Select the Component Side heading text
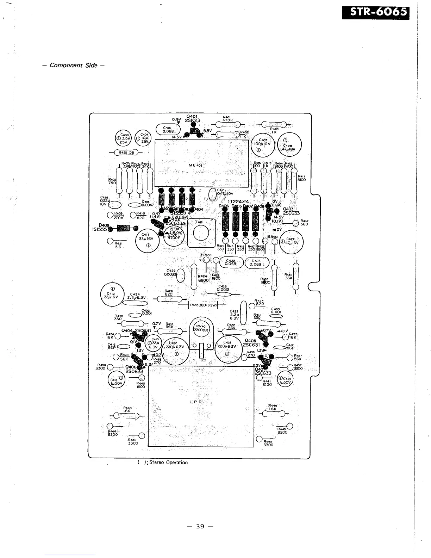click(73, 65)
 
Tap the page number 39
click(200, 526)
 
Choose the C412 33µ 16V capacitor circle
click(112, 294)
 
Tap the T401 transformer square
click(201, 232)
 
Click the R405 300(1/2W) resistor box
click(203, 305)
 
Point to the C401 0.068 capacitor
click(167, 130)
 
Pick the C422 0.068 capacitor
click(231, 262)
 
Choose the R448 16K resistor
click(127, 415)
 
